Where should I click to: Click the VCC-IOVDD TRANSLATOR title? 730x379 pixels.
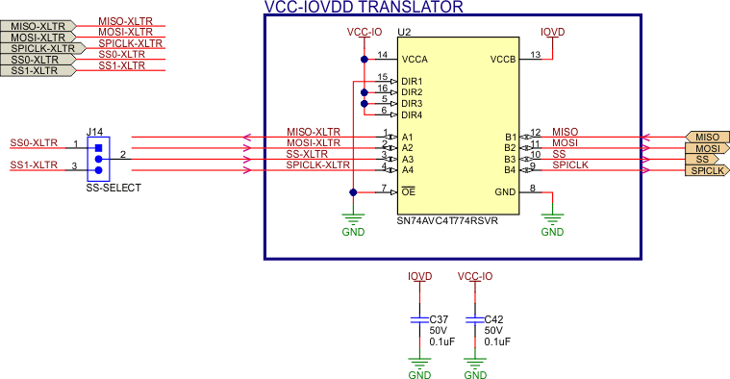(363, 7)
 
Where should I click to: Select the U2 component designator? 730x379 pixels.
(404, 33)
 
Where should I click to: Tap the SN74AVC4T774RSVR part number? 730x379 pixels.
(446, 220)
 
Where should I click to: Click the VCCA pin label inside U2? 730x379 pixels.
(415, 59)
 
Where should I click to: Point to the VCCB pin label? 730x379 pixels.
(503, 59)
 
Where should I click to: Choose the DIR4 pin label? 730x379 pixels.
(412, 114)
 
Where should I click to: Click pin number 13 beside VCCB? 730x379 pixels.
(535, 54)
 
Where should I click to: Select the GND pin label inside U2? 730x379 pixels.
(505, 192)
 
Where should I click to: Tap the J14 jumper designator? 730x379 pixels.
(95, 131)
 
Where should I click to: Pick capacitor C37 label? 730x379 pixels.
(439, 318)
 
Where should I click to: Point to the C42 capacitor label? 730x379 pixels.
(494, 318)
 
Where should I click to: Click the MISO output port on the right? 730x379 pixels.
(706, 138)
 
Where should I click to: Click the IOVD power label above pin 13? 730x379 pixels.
(553, 32)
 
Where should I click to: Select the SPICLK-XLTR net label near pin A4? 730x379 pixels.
(317, 165)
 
